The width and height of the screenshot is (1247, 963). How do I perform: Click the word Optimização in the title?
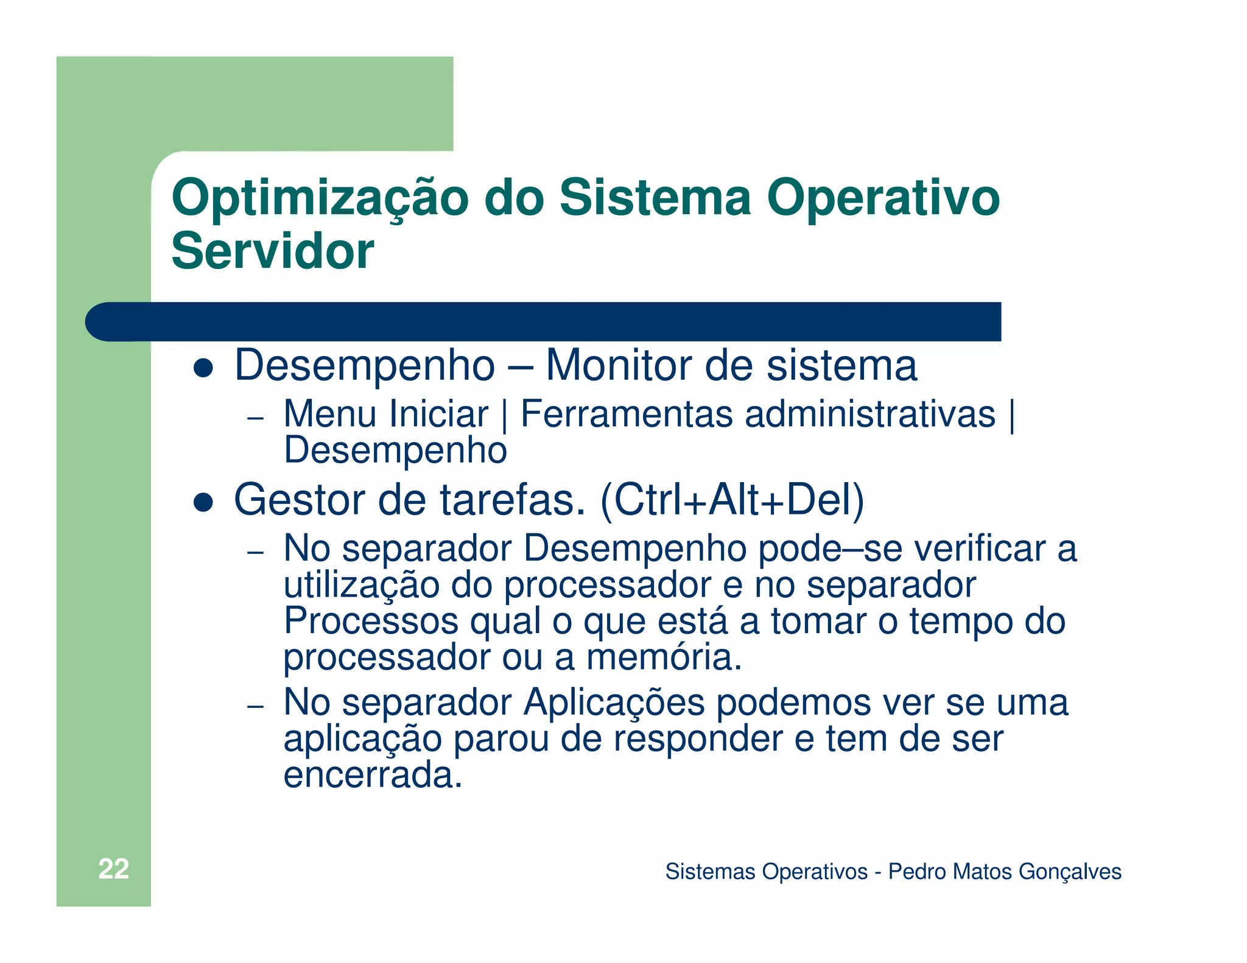(x=320, y=198)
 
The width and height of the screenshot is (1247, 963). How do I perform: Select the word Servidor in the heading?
(x=273, y=251)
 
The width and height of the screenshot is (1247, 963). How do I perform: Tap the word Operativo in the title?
(x=883, y=198)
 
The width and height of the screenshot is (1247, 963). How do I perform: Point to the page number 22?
(x=113, y=869)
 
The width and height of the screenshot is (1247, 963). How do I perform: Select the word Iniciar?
(x=438, y=415)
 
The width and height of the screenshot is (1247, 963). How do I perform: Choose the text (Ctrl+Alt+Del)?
(x=732, y=500)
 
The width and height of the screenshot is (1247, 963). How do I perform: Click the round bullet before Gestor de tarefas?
(x=203, y=502)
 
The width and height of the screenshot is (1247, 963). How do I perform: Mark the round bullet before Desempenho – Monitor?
(x=203, y=368)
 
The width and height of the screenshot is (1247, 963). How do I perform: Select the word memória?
(x=664, y=657)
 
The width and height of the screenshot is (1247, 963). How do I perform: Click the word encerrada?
(x=373, y=775)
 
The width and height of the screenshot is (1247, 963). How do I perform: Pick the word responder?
(x=698, y=739)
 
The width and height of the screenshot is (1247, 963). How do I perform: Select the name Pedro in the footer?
(x=916, y=872)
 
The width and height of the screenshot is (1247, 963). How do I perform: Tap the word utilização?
(x=362, y=585)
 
